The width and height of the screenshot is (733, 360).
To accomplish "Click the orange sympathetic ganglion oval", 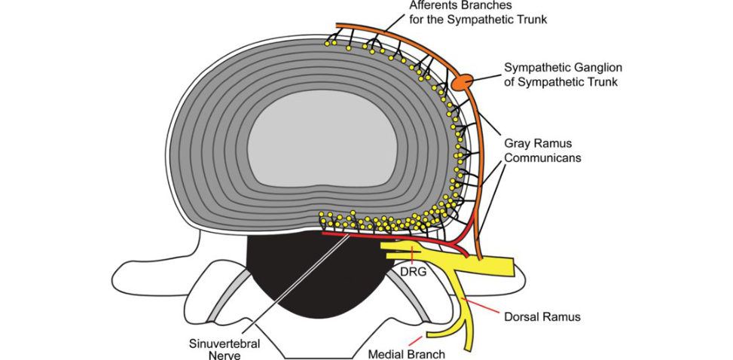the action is [462, 82].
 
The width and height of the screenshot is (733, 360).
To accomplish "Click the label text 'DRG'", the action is [414, 272].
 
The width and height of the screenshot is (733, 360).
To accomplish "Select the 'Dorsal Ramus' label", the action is [542, 317].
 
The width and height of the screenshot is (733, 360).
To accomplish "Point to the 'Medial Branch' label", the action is [407, 354].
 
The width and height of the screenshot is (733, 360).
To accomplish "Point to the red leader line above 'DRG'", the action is [411, 255].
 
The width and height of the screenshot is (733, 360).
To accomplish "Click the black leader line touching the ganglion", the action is [486, 75].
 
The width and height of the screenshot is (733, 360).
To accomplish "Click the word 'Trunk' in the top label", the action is [532, 20].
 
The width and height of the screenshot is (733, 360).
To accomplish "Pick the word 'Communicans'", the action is [542, 157].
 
